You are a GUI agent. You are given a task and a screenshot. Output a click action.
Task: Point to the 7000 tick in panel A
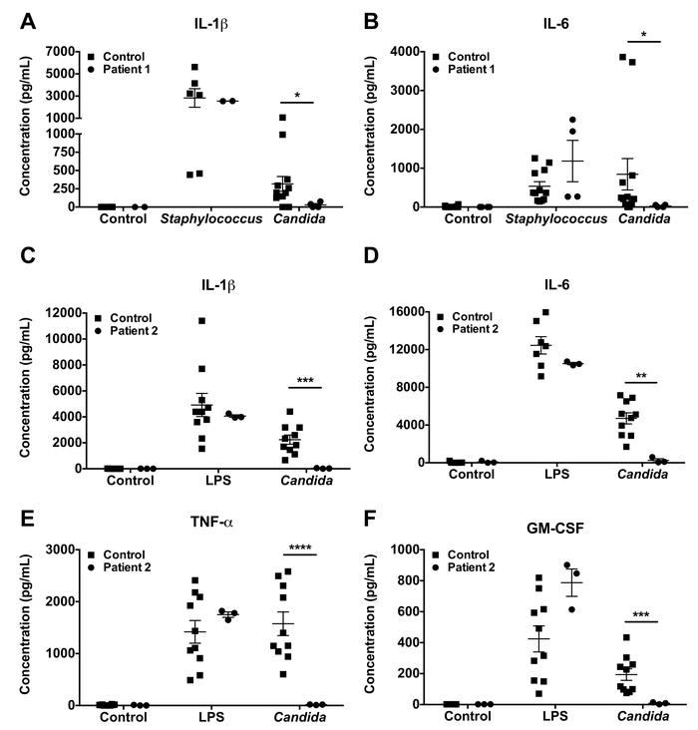click(55, 51)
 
